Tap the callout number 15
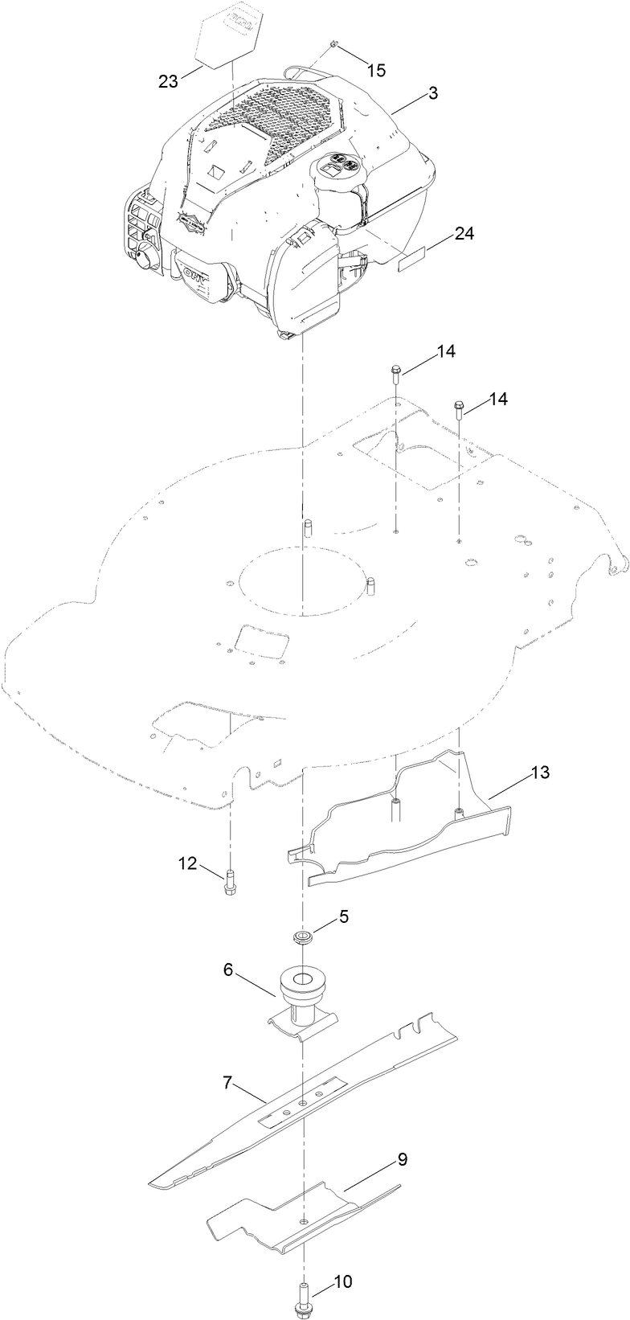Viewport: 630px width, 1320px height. (376, 70)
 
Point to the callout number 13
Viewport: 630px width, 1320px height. (540, 773)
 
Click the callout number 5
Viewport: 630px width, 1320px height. (343, 916)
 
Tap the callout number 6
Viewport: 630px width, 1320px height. (228, 970)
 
